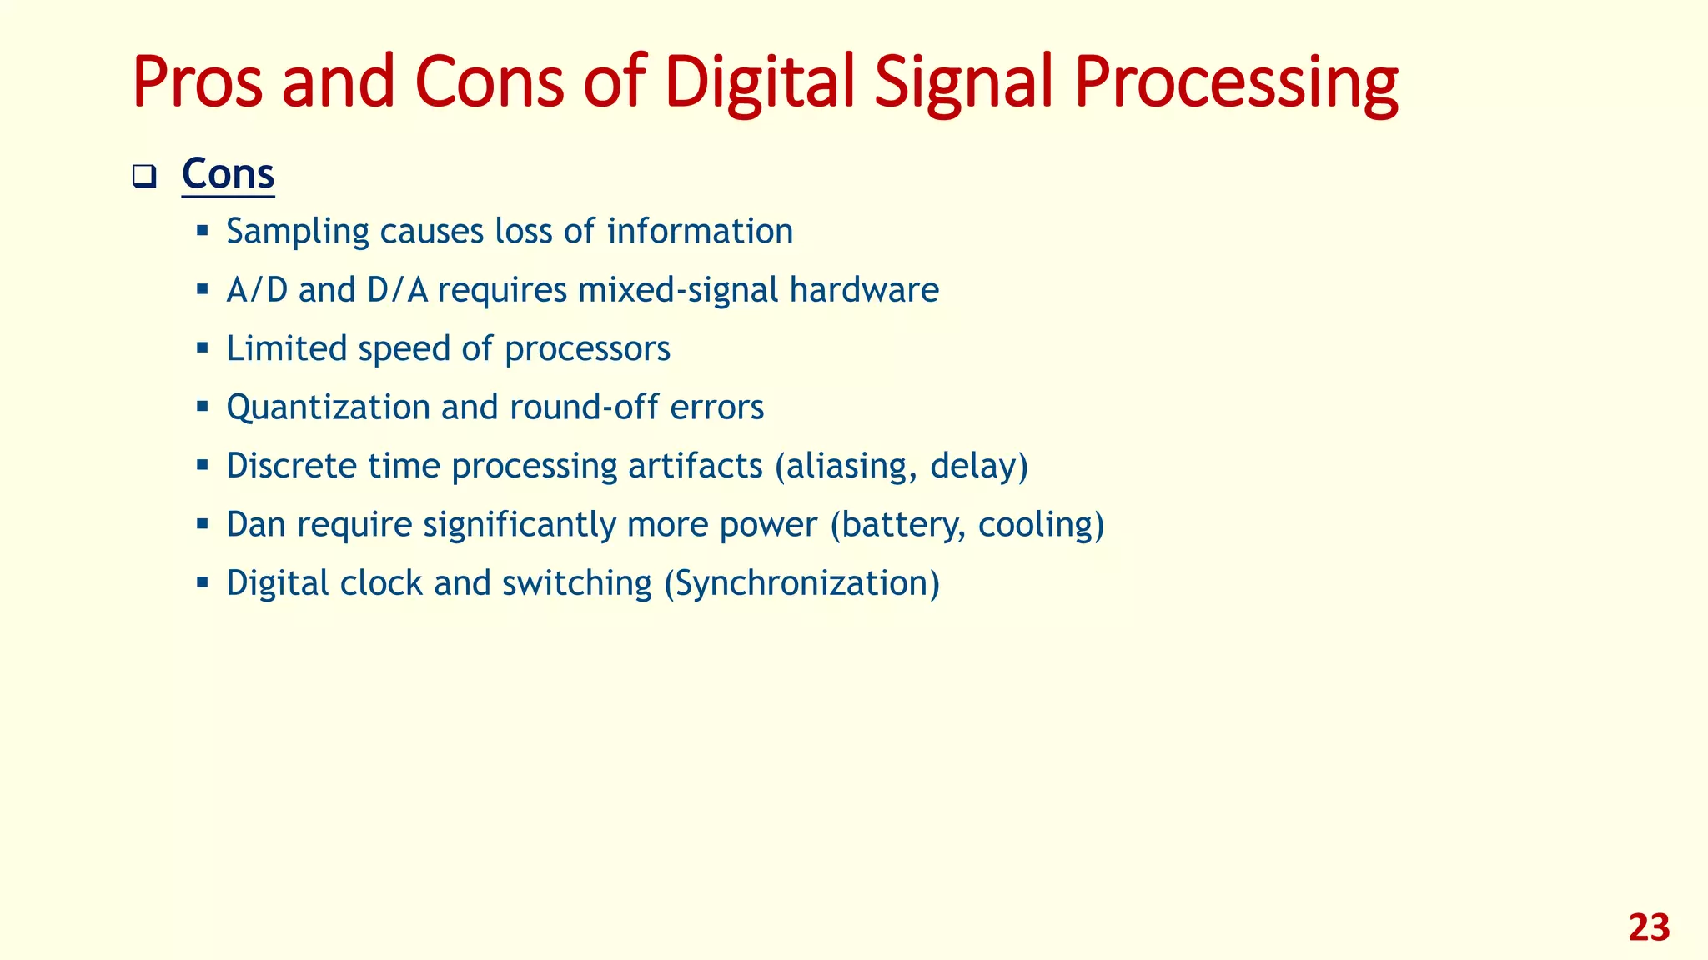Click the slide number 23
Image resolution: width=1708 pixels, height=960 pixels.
[1648, 927]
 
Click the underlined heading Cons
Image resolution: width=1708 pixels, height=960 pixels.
[228, 174]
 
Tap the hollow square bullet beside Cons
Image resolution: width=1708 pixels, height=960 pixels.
[144, 177]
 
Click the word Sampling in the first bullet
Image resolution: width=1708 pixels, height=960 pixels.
[297, 232]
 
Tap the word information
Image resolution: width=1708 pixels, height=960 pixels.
[700, 231]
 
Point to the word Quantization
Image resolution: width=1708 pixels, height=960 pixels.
[328, 407]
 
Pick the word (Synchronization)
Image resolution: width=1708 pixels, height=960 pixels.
[801, 583]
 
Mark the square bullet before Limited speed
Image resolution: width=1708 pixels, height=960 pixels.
[202, 347]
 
